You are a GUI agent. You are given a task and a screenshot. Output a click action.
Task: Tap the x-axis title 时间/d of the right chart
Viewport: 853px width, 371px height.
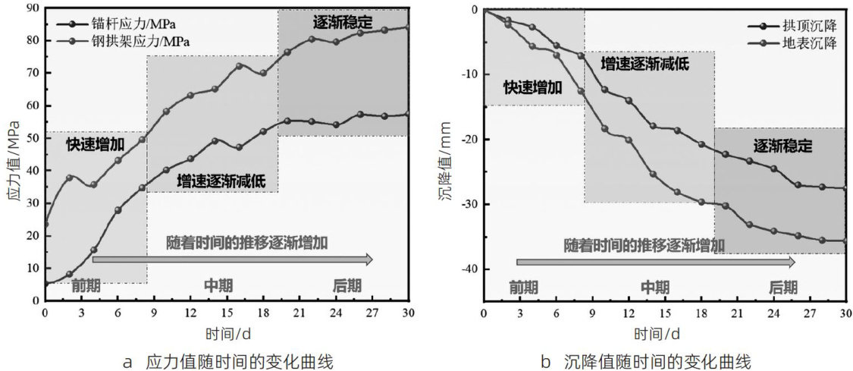665,333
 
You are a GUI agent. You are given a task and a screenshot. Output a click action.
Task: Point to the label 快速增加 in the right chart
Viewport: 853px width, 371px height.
533,87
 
